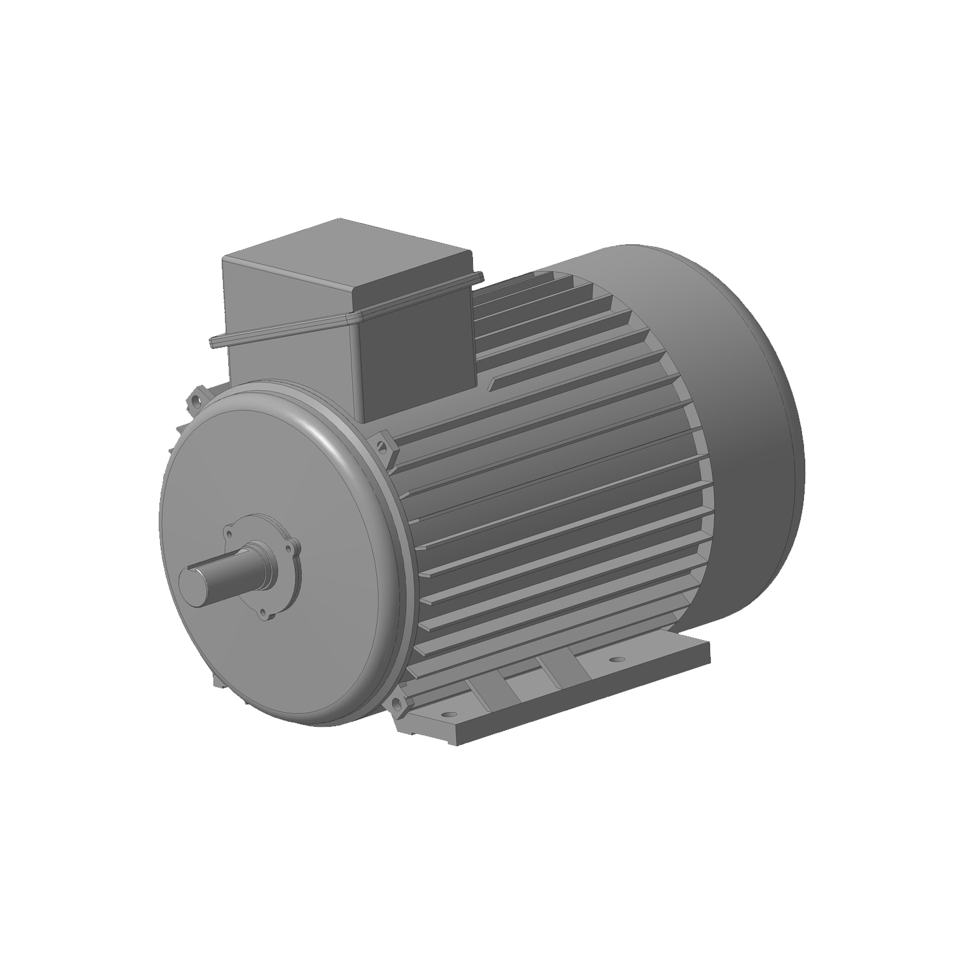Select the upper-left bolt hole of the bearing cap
point(228,533)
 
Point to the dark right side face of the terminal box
point(418,350)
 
